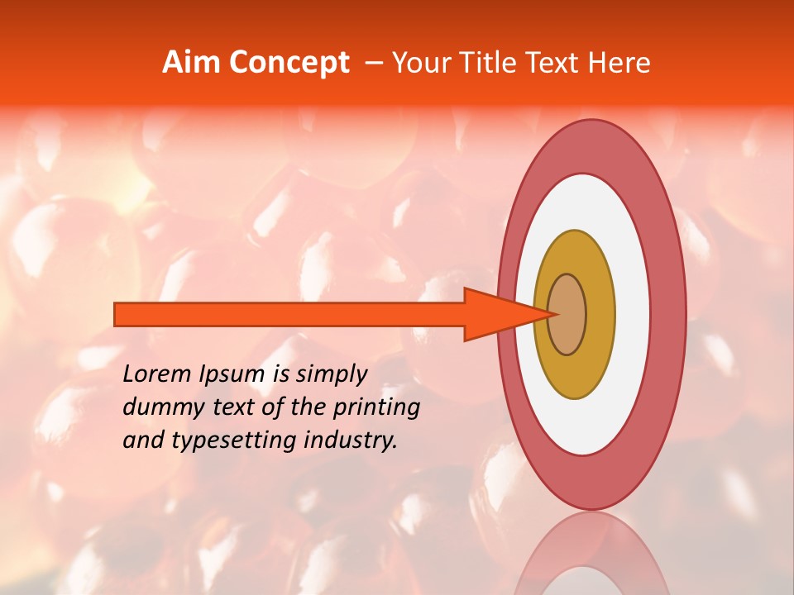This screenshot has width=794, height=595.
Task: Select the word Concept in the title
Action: point(289,63)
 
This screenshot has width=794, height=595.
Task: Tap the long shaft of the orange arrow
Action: point(289,315)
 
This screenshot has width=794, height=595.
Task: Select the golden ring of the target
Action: point(575,372)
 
